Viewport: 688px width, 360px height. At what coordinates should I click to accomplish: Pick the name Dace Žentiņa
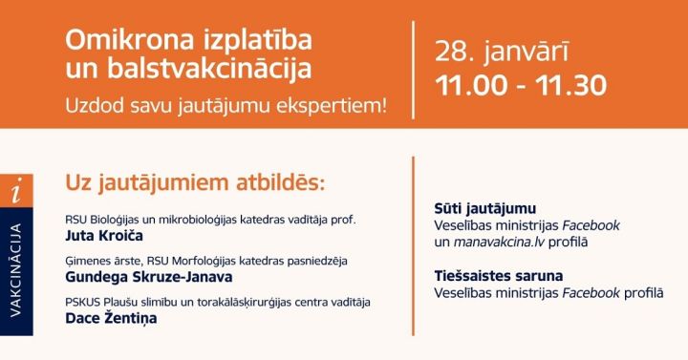click(111, 319)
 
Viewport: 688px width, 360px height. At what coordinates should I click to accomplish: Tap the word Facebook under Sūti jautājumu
click(590, 225)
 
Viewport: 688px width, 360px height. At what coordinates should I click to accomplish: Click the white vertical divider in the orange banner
click(414, 65)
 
